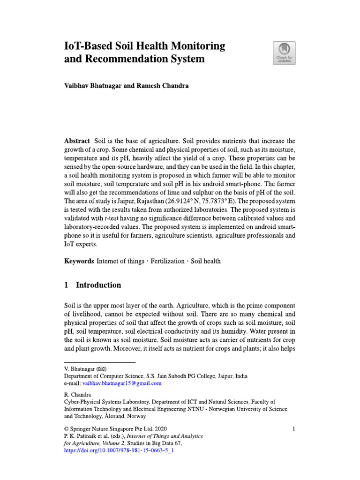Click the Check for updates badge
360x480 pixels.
(284, 52)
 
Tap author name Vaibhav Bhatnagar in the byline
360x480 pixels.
(96, 86)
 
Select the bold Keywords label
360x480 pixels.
(79, 261)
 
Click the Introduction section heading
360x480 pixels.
(98, 285)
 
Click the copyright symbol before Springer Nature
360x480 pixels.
(67, 428)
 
